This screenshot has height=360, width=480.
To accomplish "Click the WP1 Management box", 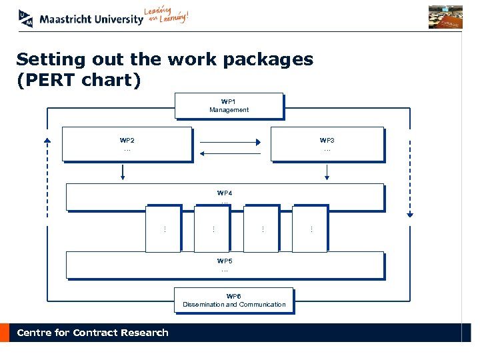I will click(x=229, y=105).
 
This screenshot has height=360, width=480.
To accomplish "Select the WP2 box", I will click(x=127, y=144).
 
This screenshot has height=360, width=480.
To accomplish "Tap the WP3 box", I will click(x=327, y=144).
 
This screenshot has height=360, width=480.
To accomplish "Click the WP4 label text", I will click(x=225, y=193).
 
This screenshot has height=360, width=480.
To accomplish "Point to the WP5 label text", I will click(x=225, y=261).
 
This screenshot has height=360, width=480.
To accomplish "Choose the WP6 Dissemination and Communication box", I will click(x=233, y=300).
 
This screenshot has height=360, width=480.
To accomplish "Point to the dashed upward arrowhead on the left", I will click(x=47, y=140).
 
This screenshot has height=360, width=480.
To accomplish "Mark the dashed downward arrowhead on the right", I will click(x=410, y=215).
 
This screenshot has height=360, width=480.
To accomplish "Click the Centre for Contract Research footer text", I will click(x=93, y=333).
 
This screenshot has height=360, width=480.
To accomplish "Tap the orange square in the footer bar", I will click(x=5, y=333).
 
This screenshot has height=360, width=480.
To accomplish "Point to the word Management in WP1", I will click(x=229, y=110).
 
